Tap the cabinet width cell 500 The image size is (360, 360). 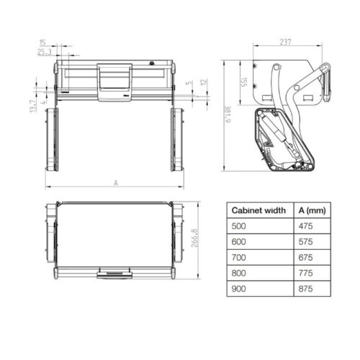(x=238, y=226)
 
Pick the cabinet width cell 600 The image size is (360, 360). (x=238, y=242)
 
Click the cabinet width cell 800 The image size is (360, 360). (x=238, y=274)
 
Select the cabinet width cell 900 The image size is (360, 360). (x=238, y=289)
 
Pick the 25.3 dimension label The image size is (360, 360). (x=44, y=53)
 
